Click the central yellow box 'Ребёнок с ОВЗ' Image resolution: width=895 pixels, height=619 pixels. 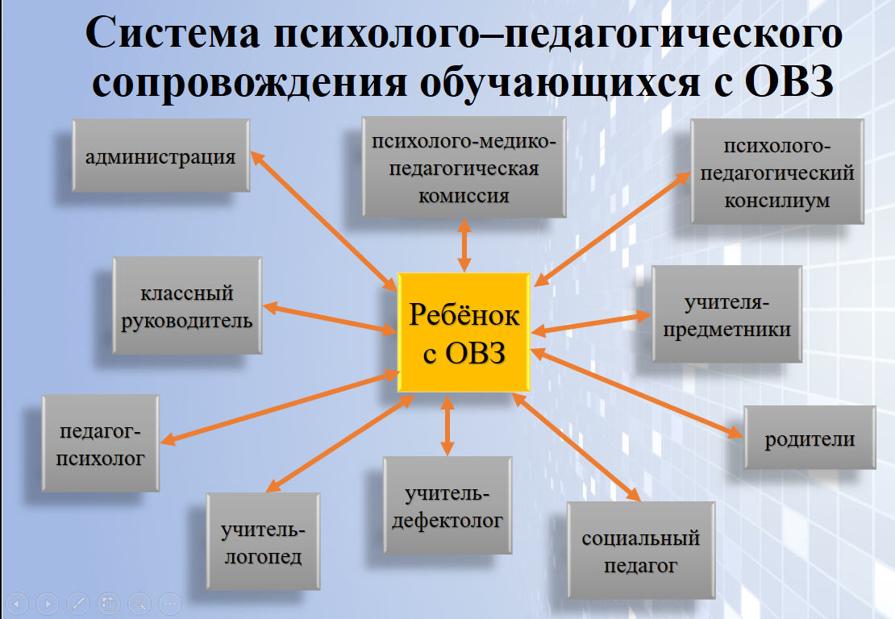(x=464, y=333)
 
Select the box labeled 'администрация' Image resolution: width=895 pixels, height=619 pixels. (x=161, y=156)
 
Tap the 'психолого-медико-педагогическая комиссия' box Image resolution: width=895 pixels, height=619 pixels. (x=464, y=167)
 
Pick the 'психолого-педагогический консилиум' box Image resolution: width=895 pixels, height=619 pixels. (x=776, y=171)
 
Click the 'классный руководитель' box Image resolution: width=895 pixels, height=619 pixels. (x=187, y=305)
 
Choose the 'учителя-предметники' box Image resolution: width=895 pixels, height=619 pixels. (x=726, y=314)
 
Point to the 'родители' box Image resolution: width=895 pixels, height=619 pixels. (x=810, y=438)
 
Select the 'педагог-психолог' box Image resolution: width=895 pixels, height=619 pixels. (x=101, y=442)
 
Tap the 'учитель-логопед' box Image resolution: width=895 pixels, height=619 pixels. (x=263, y=542)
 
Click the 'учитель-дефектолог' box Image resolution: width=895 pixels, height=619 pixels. (x=447, y=505)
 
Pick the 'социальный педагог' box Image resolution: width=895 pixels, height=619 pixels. (x=641, y=550)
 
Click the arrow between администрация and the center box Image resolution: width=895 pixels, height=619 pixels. (x=323, y=222)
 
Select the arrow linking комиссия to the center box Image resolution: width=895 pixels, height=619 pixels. (x=464, y=245)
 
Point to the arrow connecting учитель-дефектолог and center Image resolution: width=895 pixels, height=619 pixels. (x=447, y=425)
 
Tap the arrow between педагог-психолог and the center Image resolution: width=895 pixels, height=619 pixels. (x=280, y=407)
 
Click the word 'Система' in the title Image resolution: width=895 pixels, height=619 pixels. (x=173, y=33)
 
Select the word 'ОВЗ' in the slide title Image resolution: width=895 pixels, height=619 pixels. (x=789, y=82)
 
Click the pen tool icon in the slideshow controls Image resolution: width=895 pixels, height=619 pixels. (x=78, y=603)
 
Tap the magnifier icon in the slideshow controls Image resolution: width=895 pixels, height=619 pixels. (x=139, y=603)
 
